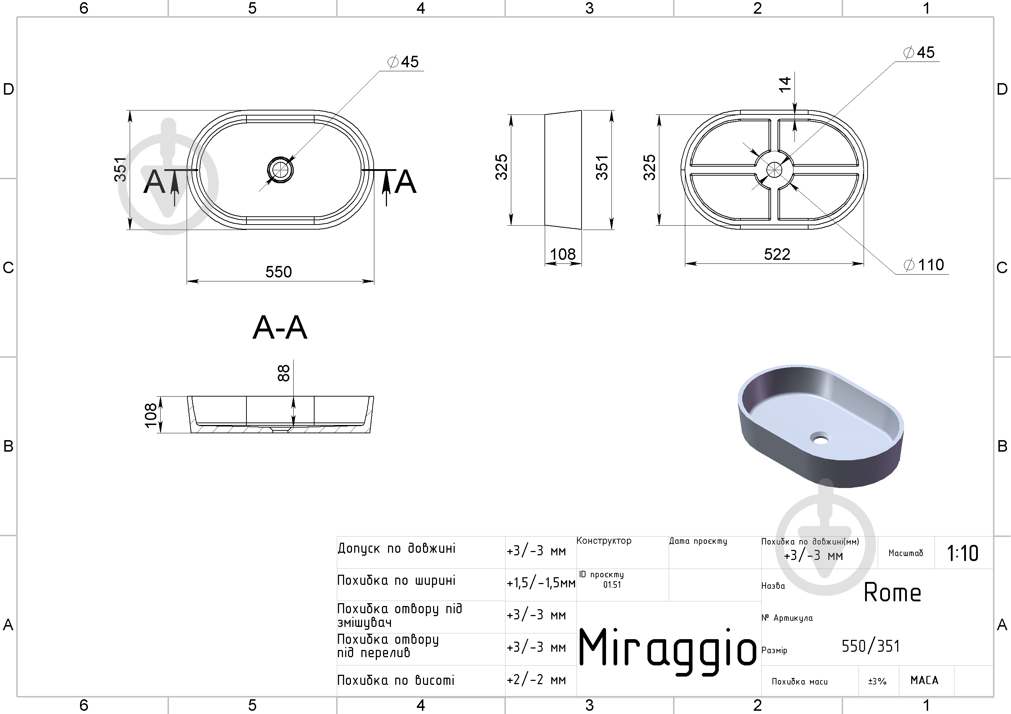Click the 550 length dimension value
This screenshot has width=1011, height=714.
coord(278,272)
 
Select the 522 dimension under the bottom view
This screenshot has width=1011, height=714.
coord(777,254)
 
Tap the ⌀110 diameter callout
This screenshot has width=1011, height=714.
coord(923,265)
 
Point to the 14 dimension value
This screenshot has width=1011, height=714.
coord(785,85)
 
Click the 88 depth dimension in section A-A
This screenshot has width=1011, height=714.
coord(284,373)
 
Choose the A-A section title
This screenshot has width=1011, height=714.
coord(280,328)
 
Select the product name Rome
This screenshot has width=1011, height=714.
coord(892,593)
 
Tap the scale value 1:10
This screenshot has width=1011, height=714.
coord(963,553)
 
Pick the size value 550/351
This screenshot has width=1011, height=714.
coord(870,646)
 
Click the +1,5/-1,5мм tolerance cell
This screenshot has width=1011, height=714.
coord(541,583)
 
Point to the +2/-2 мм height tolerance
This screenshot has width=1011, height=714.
coord(536,680)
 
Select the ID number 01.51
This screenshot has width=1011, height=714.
coord(612,585)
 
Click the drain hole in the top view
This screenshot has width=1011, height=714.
coord(280,170)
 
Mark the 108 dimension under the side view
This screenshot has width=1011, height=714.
coord(563,254)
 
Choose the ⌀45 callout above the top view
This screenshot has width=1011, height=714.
coord(403,62)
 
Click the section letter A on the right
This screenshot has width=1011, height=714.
coord(405,182)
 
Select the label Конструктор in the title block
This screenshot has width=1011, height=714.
coord(604,541)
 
